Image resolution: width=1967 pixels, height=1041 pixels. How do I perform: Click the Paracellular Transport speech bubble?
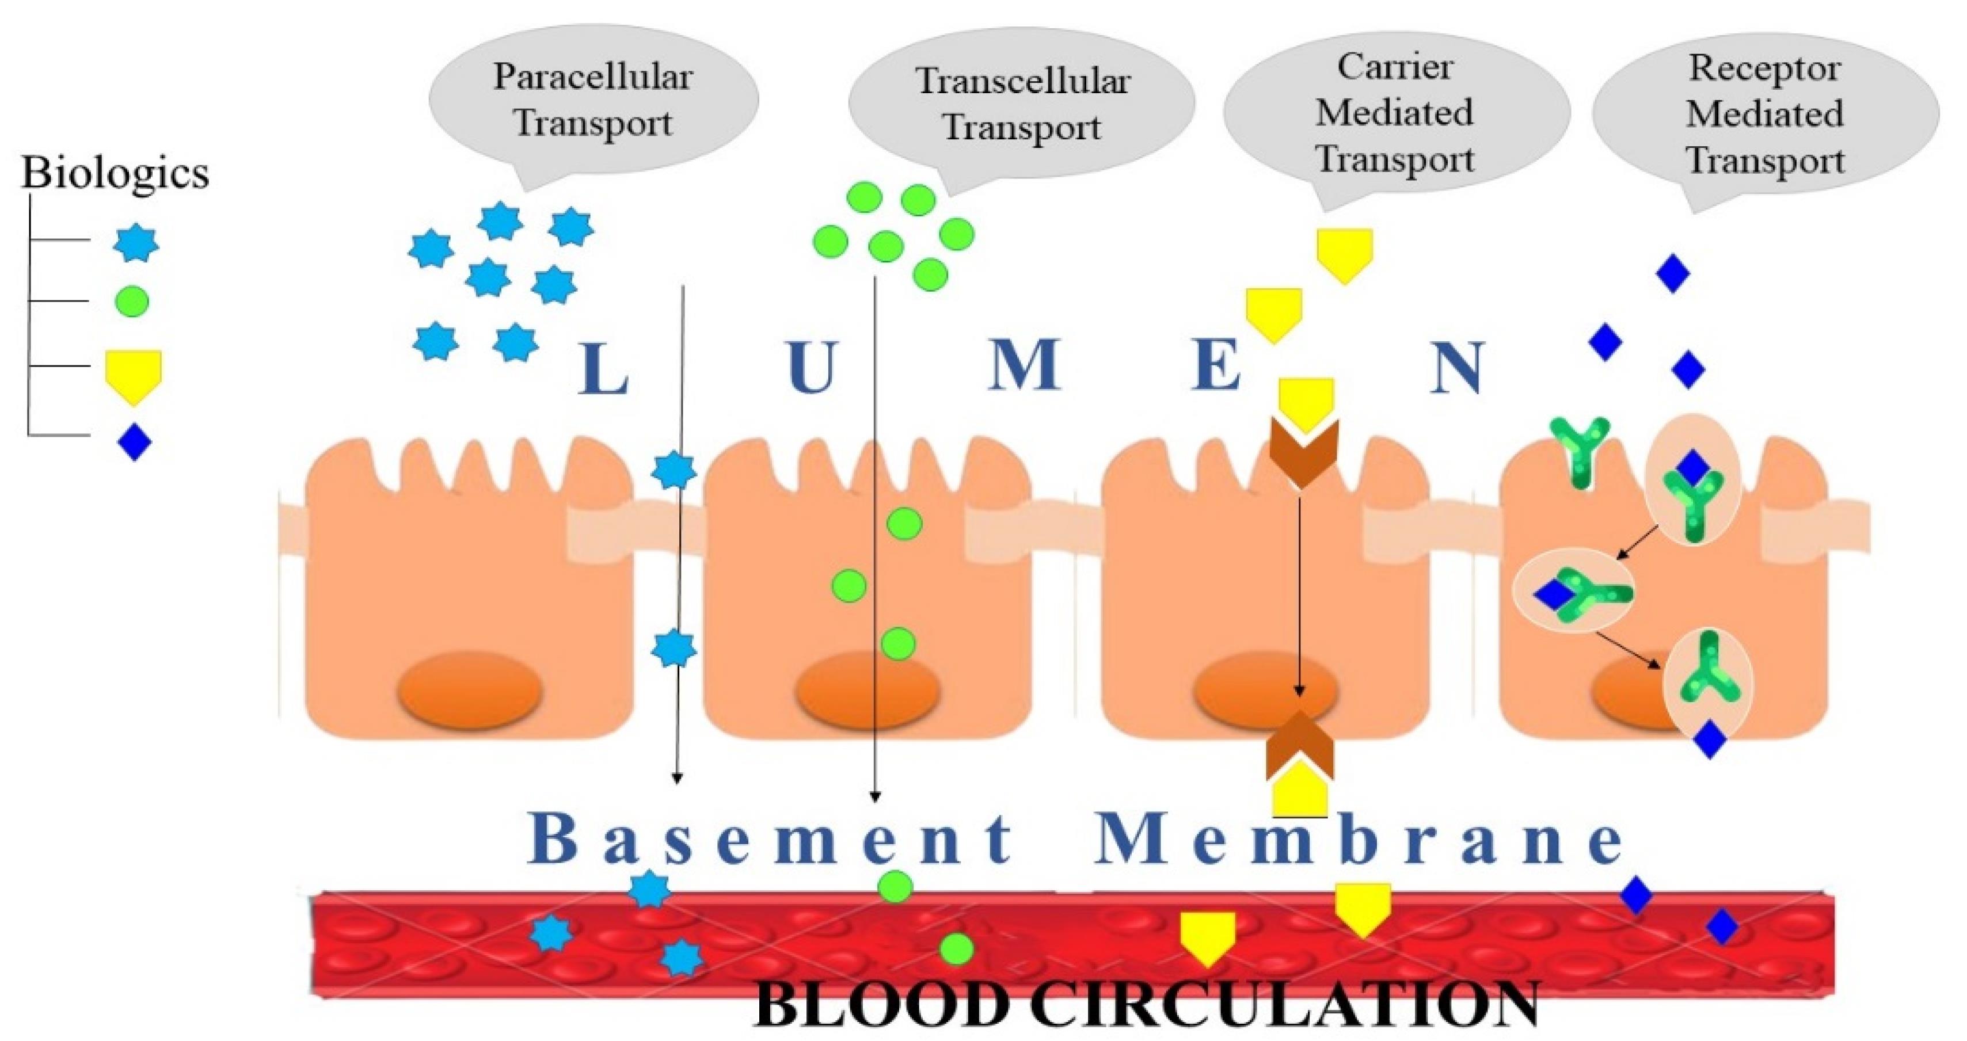click(x=593, y=99)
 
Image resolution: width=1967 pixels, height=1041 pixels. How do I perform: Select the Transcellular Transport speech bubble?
click(x=1022, y=104)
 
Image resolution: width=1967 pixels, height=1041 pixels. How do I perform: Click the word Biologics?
click(x=115, y=173)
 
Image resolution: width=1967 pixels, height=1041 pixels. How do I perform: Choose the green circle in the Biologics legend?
click(x=131, y=301)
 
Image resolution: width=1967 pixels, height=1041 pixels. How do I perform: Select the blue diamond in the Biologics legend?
click(x=134, y=442)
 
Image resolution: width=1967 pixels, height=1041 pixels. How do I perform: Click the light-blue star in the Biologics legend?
click(x=136, y=243)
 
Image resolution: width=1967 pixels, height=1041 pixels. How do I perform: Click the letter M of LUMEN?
click(x=1023, y=365)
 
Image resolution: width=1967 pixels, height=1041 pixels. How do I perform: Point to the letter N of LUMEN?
click(x=1457, y=368)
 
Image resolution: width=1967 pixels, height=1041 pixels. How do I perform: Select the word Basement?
click(x=771, y=839)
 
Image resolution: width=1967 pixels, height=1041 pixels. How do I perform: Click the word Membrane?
click(x=1359, y=839)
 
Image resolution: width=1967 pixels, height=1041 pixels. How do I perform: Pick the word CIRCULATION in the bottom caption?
click(x=1283, y=1004)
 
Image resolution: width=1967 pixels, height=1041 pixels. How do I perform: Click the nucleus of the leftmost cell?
click(x=470, y=691)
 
